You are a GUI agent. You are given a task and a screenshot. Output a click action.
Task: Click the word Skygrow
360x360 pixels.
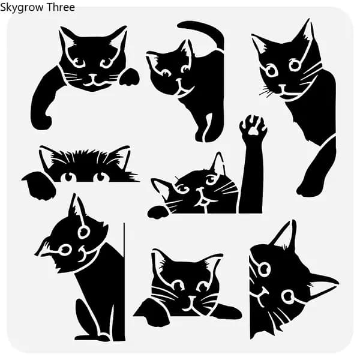coord(22,8)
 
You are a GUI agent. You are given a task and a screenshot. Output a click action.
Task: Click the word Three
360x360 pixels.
coord(61,7)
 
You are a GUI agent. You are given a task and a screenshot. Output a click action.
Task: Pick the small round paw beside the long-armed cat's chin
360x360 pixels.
coord(129,77)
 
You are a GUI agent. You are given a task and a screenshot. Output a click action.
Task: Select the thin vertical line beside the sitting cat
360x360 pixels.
coord(124,281)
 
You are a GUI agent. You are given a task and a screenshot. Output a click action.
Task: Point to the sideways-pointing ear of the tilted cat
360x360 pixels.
coord(324,284)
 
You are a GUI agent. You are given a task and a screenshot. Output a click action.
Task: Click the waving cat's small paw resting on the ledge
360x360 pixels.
coord(158,212)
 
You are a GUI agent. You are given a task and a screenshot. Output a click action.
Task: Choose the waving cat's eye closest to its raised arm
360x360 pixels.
coord(211,179)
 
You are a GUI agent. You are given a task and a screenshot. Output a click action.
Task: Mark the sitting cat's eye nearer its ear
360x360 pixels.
coord(83,232)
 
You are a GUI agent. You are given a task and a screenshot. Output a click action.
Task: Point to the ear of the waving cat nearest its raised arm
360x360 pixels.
coord(218,162)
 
